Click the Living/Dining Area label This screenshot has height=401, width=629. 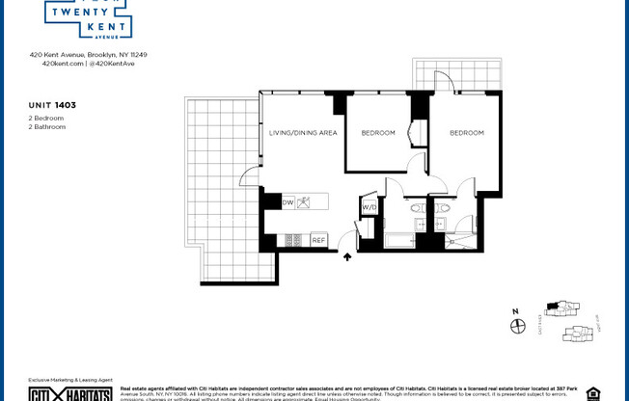point(303,133)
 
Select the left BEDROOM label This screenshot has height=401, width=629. point(378,133)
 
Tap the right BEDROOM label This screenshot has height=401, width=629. point(466,133)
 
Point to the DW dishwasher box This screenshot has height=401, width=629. point(288,202)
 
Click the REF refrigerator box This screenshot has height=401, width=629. point(317,239)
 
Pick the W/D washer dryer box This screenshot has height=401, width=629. point(369,207)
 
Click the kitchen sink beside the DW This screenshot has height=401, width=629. point(305,202)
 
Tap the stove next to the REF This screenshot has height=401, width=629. point(294,239)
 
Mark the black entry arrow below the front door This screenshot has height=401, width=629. point(347,256)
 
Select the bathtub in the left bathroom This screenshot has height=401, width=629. point(399,239)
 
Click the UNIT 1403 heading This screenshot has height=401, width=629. point(51,103)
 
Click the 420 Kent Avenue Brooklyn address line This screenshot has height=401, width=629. point(88,55)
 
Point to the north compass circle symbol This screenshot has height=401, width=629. point(516,327)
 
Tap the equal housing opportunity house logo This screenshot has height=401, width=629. point(592,392)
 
